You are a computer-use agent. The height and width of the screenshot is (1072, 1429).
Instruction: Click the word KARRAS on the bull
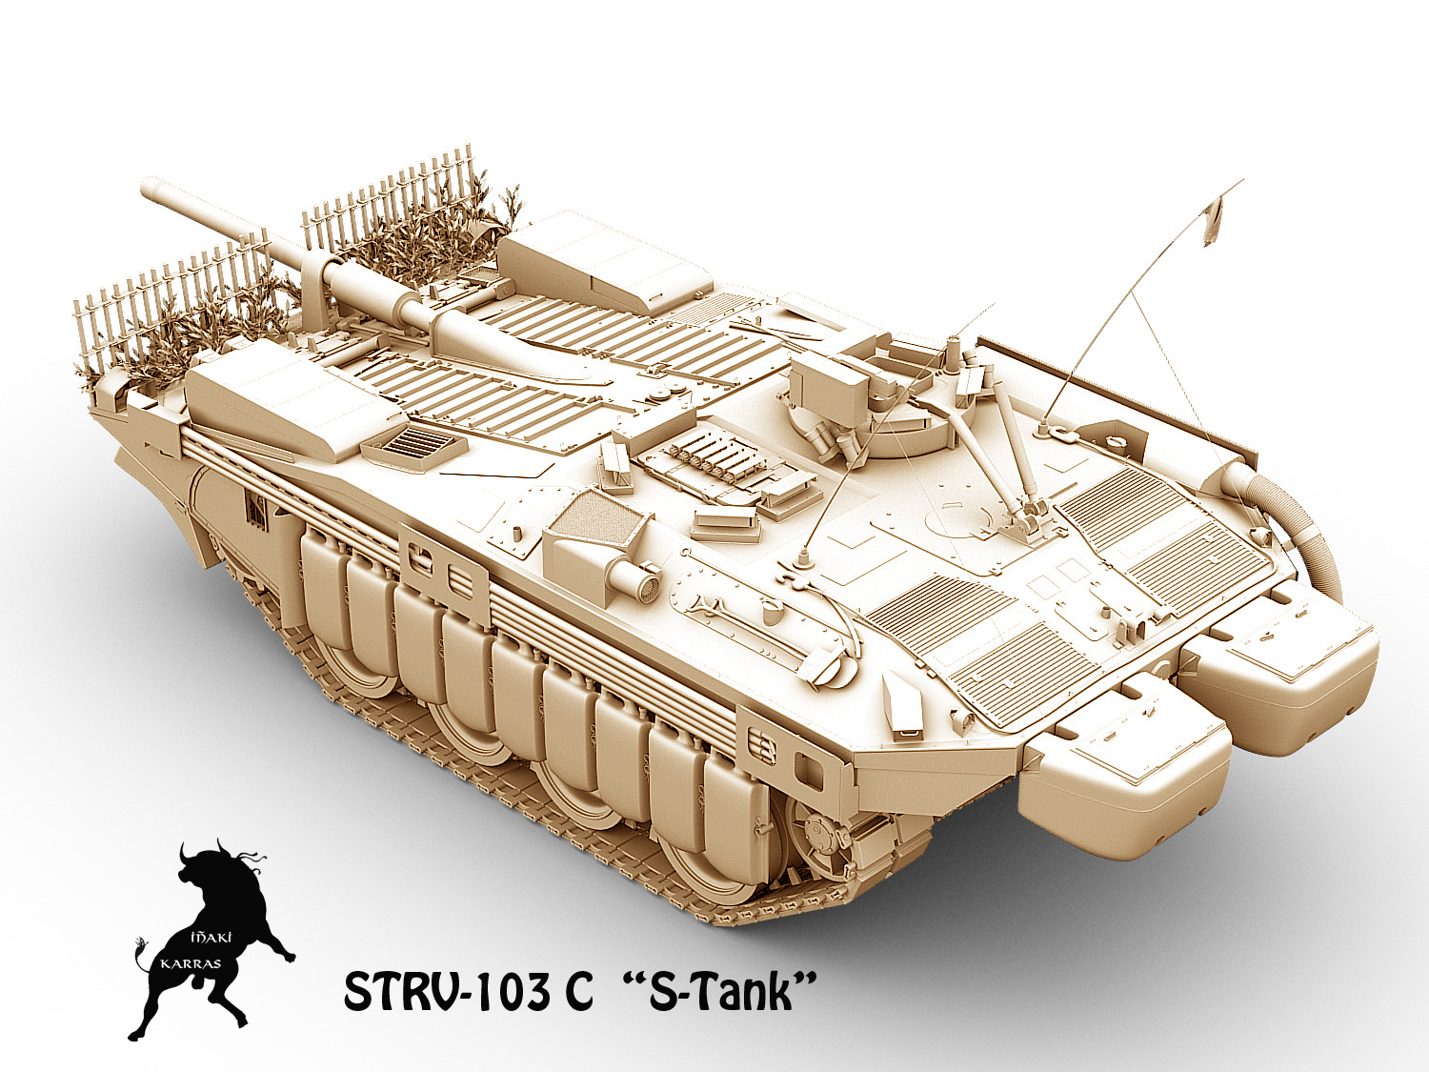point(191,963)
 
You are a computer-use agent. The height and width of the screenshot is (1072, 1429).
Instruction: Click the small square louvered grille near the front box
point(418,444)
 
